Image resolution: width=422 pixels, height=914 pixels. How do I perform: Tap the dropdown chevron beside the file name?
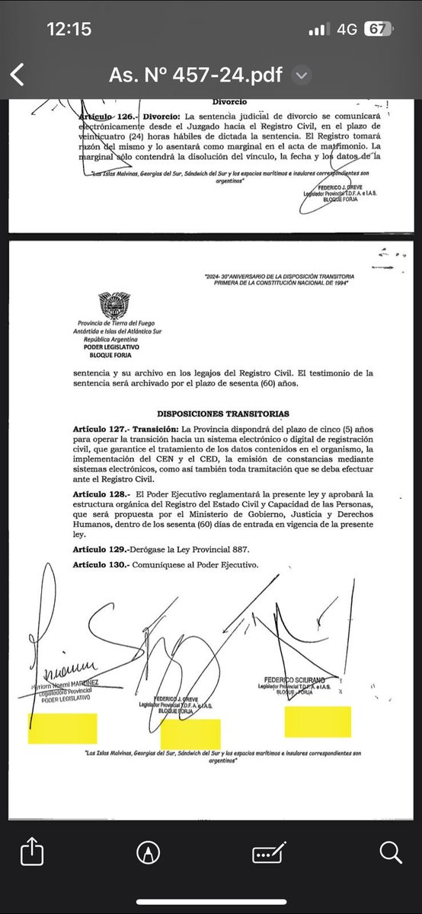pos(302,75)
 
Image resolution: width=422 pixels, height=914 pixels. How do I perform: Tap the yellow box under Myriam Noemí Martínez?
pos(62,728)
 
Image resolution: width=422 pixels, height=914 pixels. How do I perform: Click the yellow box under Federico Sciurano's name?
pos(318,721)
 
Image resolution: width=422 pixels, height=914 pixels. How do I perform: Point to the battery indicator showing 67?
pos(376,29)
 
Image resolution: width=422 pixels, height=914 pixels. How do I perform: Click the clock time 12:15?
pos(69,29)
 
